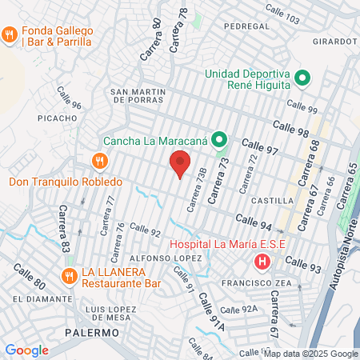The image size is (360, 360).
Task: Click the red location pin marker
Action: coord(180,165)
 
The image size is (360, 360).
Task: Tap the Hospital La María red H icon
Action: coord(261,261)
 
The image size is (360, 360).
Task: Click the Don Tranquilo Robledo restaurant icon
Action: coord(99,161)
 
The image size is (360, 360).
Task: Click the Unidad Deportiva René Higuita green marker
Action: coord(302,78)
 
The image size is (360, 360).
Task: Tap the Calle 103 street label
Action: coord(285,17)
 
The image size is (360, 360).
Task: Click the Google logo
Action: coord(26,350)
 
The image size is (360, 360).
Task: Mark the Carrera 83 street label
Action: coord(64,226)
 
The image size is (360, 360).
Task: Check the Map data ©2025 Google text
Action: coord(311,354)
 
